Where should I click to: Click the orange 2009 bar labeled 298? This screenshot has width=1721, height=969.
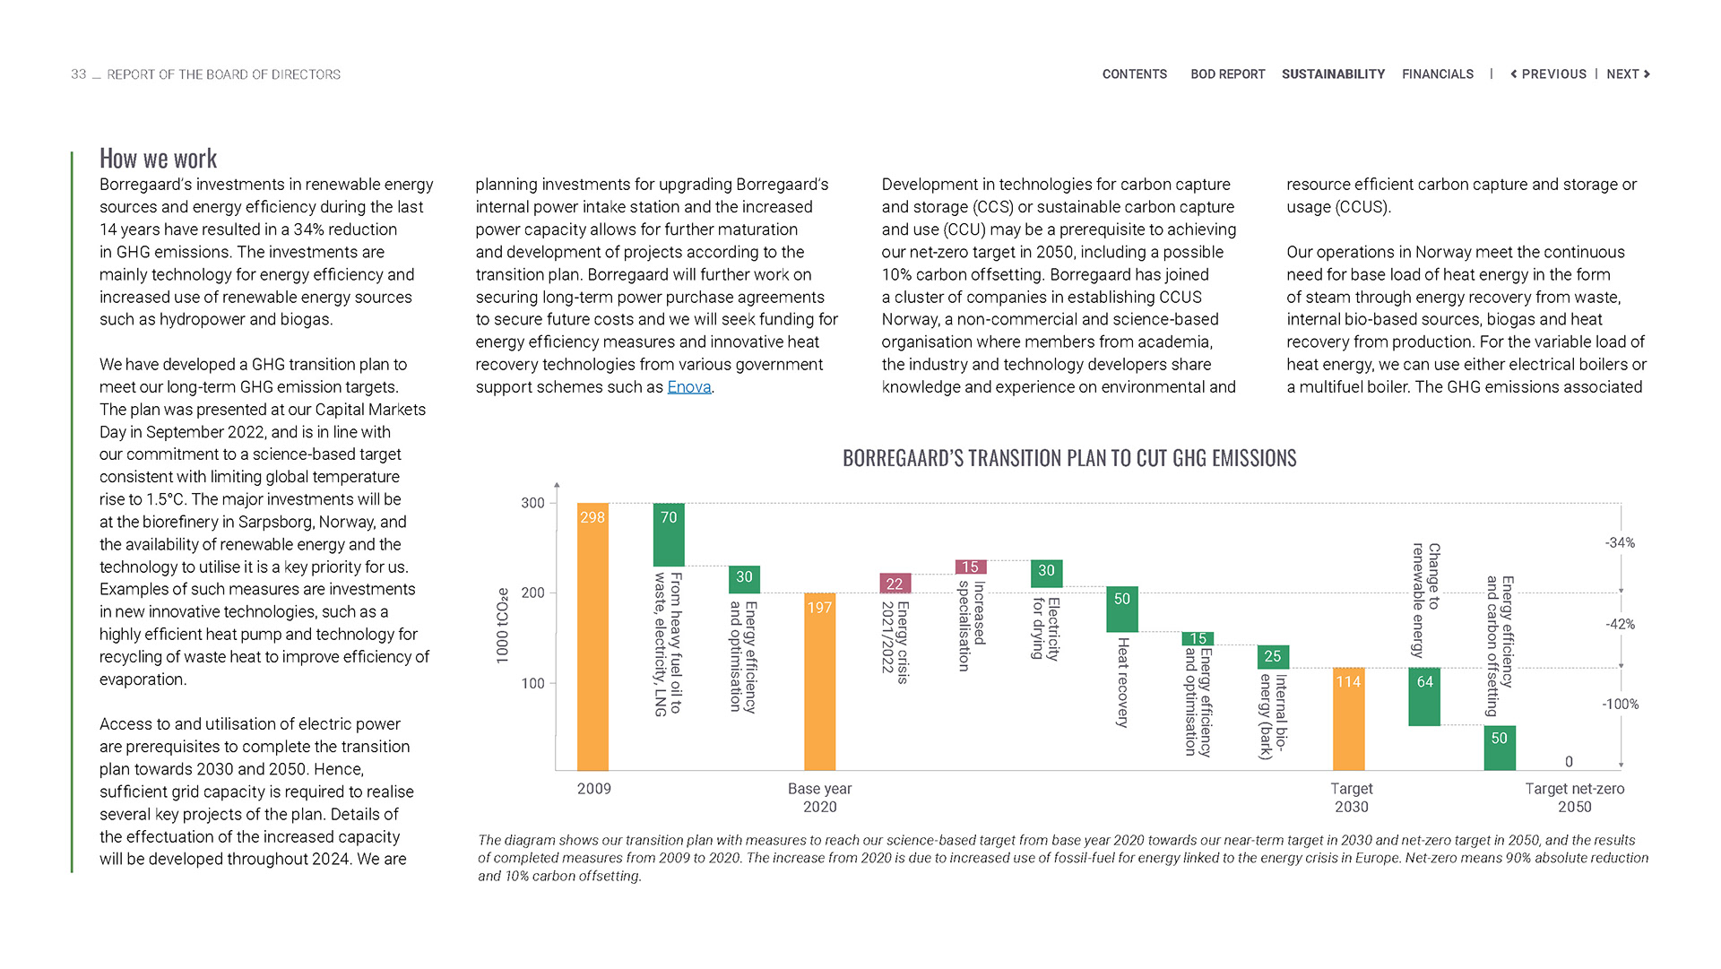pos(592,636)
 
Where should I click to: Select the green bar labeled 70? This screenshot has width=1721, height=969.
pos(669,535)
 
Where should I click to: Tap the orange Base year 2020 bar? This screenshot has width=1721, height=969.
pos(819,681)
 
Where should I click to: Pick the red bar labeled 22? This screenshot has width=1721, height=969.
pos(895,584)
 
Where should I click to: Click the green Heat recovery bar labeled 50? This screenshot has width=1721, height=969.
pos(1122,610)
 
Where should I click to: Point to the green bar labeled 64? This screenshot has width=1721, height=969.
pos(1424,696)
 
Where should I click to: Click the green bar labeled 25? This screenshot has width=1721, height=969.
pos(1273,657)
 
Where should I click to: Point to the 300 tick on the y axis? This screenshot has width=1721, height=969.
pos(532,504)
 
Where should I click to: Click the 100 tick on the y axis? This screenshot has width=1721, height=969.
pos(532,684)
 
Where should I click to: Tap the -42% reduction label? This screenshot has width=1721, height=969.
pos(1620,625)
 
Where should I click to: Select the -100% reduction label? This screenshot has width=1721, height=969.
pos(1620,705)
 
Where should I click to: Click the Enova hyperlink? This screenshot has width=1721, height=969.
pos(688,387)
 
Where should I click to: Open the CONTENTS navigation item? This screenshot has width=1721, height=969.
pos(1134,74)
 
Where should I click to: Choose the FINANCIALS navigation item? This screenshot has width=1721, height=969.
pos(1437,74)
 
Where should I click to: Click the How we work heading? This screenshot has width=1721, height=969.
pos(158,159)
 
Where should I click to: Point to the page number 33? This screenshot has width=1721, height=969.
pos(79,74)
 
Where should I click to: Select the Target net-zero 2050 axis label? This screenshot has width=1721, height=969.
pos(1574,798)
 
